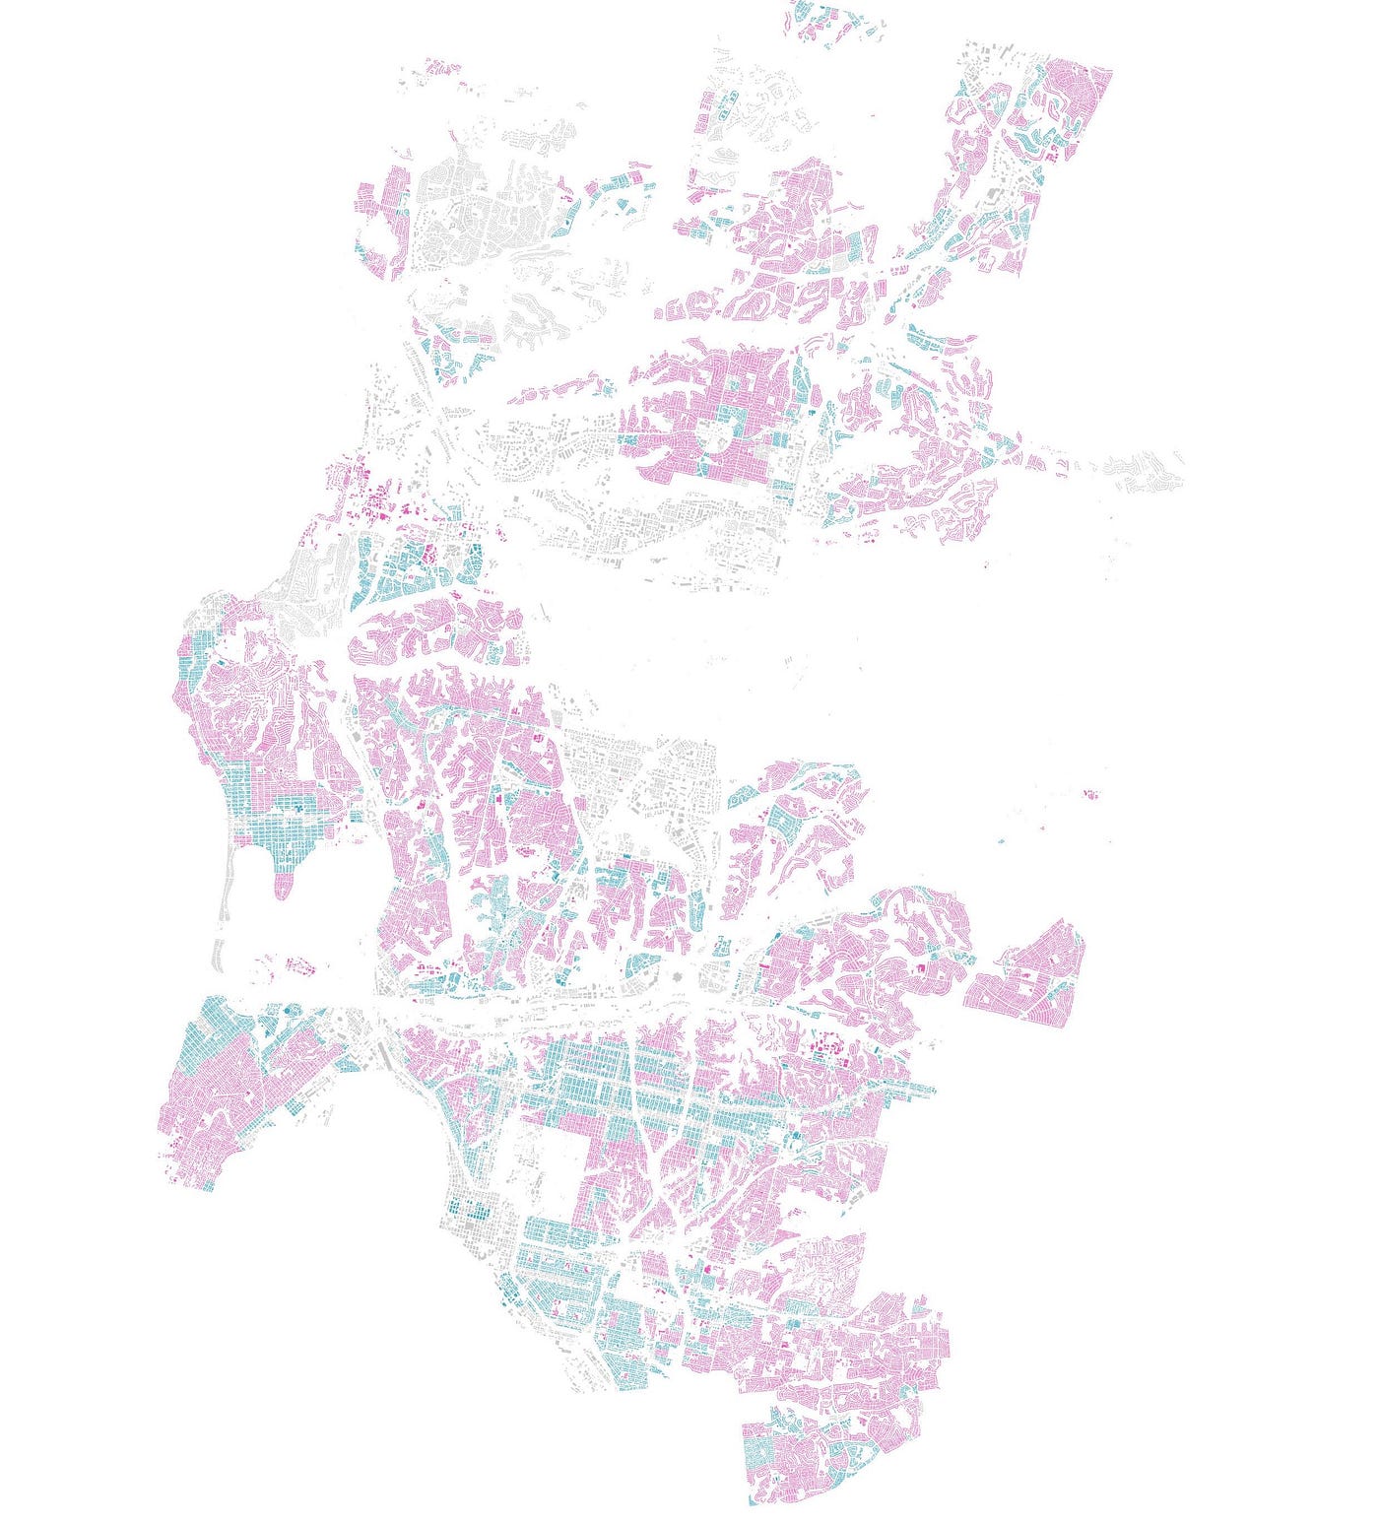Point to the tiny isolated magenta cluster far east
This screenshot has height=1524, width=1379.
coord(1090,793)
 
